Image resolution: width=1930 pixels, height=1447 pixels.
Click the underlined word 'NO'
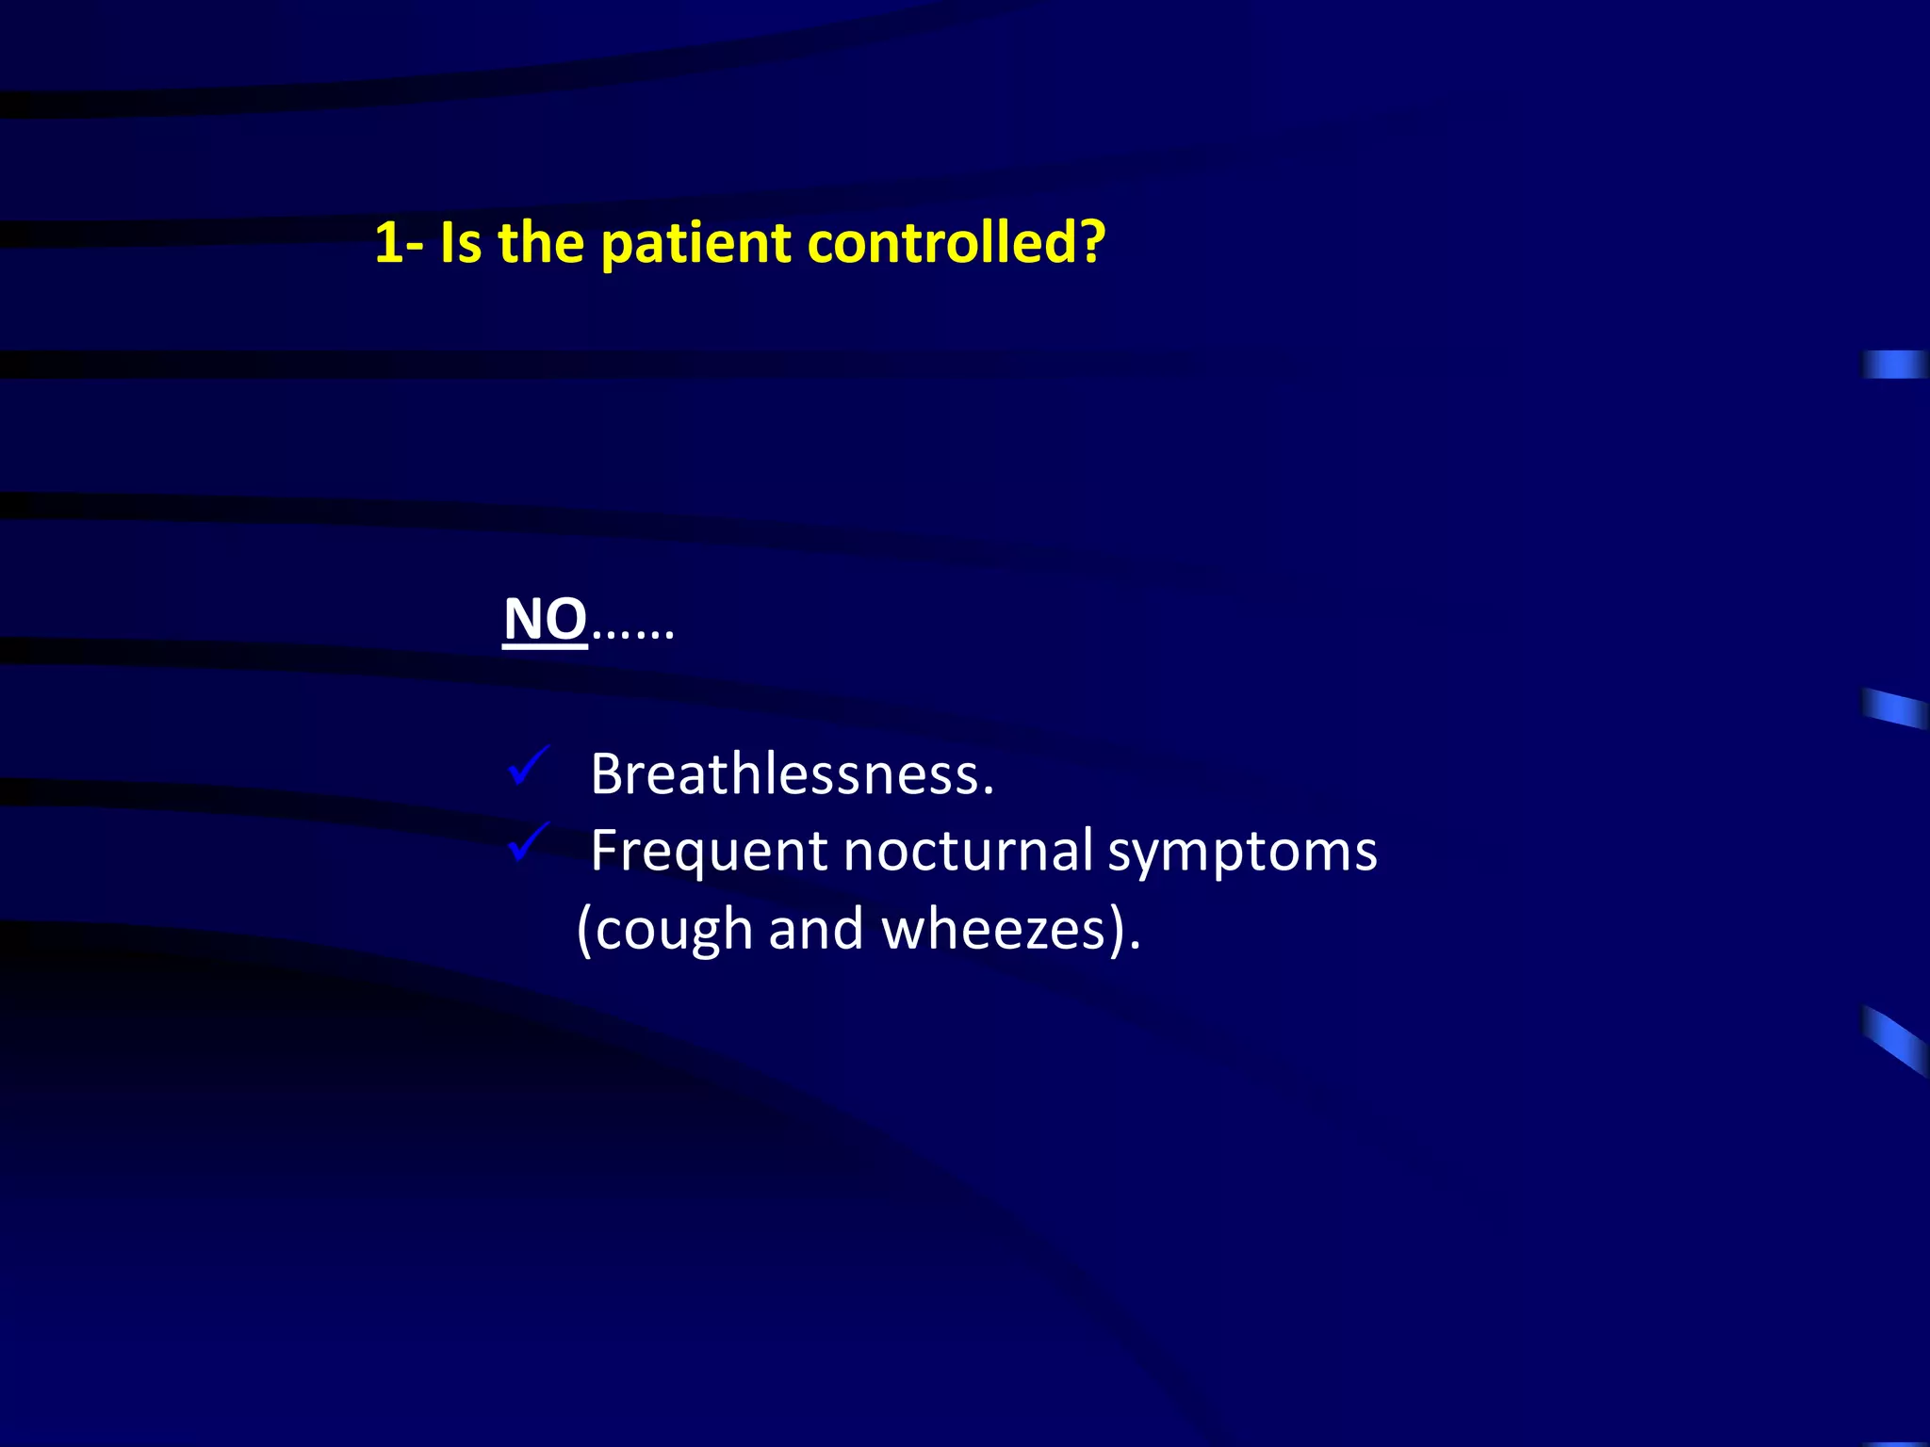546,621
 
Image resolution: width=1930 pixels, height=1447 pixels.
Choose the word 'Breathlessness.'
792,774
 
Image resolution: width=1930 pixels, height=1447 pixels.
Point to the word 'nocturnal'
968,850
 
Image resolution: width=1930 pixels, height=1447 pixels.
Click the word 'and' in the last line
816,929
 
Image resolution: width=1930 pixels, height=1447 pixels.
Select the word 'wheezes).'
1010,931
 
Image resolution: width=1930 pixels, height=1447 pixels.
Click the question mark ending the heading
1091,243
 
